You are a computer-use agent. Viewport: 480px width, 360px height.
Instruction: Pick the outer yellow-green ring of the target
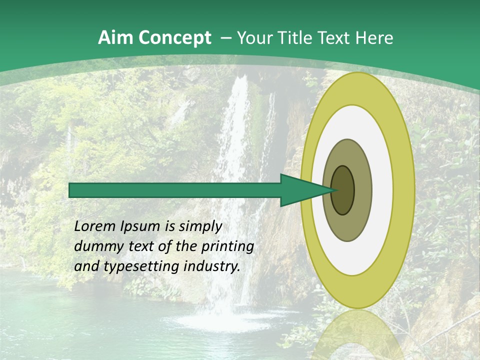[357, 290]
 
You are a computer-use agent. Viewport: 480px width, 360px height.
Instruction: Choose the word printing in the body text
[227, 247]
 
